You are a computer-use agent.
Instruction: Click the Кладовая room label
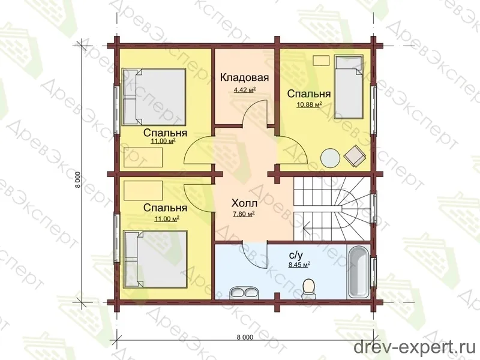click(x=244, y=78)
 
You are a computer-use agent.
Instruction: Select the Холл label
click(x=244, y=203)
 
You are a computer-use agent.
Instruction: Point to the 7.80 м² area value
click(x=244, y=214)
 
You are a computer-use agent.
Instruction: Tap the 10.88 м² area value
click(x=309, y=105)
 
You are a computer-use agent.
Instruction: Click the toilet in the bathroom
click(x=308, y=289)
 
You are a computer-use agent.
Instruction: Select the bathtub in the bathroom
click(x=358, y=272)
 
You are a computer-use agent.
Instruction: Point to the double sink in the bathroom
click(x=244, y=292)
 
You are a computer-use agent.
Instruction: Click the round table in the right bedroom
click(x=330, y=158)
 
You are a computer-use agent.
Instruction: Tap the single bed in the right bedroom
click(x=349, y=87)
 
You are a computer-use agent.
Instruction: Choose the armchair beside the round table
click(x=355, y=155)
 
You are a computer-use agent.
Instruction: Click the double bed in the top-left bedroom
click(x=154, y=97)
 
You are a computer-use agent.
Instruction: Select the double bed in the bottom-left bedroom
click(x=155, y=259)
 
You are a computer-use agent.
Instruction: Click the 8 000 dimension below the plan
click(x=245, y=337)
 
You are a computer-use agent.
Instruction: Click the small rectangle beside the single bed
click(x=321, y=60)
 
